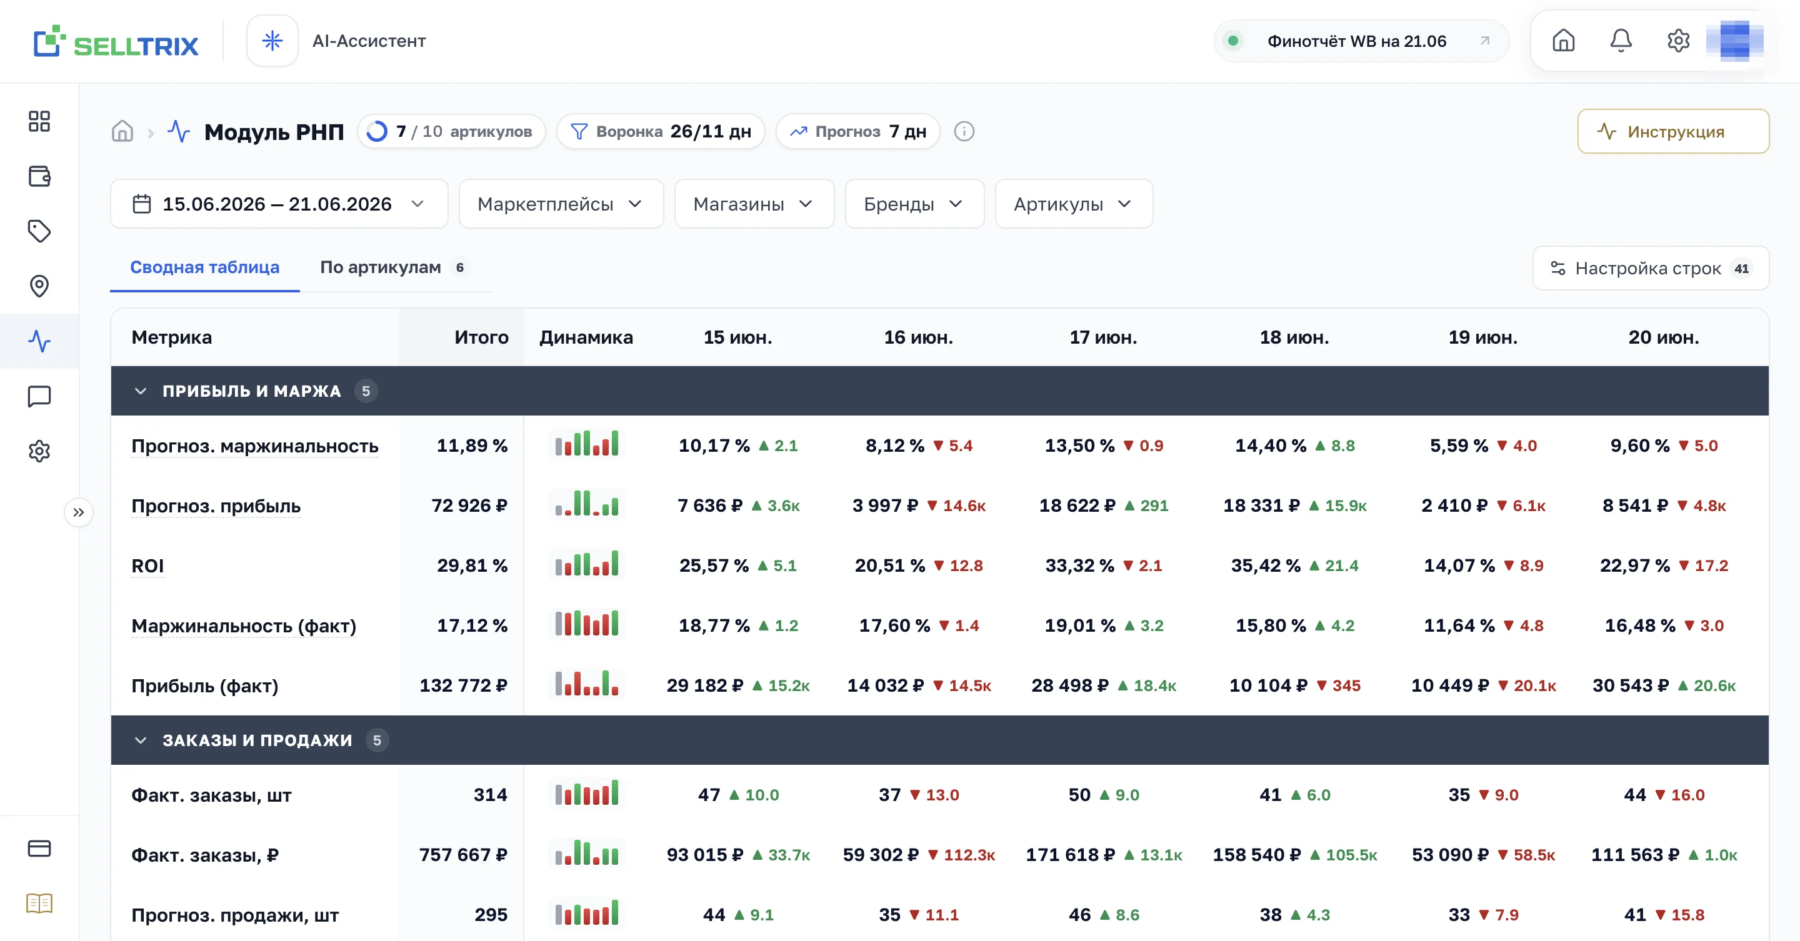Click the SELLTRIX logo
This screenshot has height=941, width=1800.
coord(116,42)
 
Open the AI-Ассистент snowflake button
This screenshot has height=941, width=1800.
coord(272,41)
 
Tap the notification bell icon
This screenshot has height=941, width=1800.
coord(1621,41)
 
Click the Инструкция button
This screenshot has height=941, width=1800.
coord(1673,131)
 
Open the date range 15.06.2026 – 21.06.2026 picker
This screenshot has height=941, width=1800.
coord(279,204)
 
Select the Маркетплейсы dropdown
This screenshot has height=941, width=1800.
coord(561,204)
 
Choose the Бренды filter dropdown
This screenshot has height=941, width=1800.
coord(914,204)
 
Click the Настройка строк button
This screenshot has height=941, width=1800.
coord(1651,268)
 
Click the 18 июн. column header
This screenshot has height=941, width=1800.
coord(1294,337)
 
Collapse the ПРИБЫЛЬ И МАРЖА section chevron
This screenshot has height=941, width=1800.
coord(141,391)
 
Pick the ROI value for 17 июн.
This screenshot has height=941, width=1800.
coord(1079,565)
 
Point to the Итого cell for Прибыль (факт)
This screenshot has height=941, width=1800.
coord(463,685)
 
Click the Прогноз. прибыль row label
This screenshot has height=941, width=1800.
coord(216,505)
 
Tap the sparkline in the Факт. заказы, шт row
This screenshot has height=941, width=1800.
coord(587,794)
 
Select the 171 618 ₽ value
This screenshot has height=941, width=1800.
coord(1071,854)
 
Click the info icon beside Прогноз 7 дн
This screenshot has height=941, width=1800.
coord(964,131)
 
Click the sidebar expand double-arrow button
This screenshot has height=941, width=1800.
coord(79,512)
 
